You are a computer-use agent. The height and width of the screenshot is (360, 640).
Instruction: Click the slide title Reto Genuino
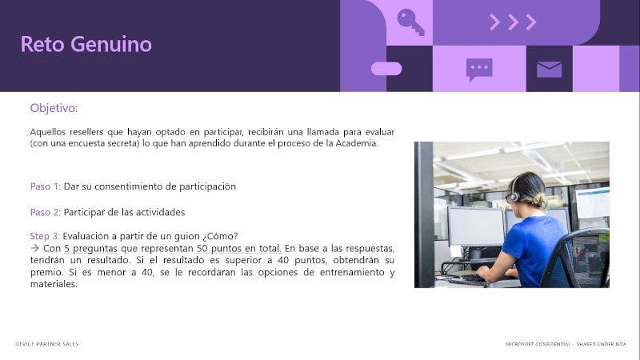click(x=86, y=44)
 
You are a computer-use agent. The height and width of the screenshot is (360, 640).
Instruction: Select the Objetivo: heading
click(x=54, y=108)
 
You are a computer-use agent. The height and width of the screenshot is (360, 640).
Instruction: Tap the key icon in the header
click(x=410, y=22)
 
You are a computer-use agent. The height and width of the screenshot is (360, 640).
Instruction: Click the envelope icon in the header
click(x=549, y=70)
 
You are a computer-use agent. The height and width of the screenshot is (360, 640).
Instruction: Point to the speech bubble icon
click(x=479, y=70)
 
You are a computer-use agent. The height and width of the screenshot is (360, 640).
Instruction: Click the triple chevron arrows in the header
click(x=513, y=22)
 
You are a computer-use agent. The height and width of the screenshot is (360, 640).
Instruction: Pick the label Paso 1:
click(x=46, y=186)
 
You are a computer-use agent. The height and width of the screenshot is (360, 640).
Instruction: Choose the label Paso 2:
click(x=46, y=212)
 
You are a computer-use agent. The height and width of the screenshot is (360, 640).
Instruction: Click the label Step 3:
click(x=45, y=236)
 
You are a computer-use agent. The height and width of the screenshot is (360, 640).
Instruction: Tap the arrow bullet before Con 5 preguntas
click(x=34, y=248)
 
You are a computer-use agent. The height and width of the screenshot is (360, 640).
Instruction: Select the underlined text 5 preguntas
click(x=90, y=249)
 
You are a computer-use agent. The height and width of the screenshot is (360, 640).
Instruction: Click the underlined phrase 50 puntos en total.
click(x=239, y=249)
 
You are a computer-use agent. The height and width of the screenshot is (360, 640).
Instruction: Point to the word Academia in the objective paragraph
click(x=356, y=143)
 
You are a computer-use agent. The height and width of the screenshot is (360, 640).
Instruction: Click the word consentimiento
click(x=135, y=186)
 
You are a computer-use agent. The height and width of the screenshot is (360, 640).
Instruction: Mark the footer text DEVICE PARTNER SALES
click(x=47, y=344)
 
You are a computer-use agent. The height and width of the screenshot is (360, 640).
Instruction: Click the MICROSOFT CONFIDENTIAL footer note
click(x=566, y=344)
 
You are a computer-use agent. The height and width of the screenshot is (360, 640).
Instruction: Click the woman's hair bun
click(x=539, y=200)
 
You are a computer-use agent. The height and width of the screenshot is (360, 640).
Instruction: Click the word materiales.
click(x=54, y=284)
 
